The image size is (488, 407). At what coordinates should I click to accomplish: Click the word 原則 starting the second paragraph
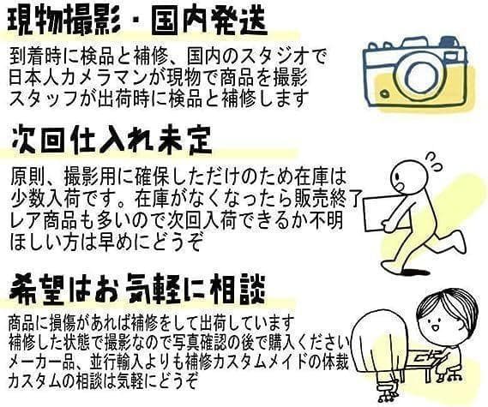[x=27, y=179]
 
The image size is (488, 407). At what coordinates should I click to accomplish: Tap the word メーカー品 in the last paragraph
[x=39, y=362]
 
